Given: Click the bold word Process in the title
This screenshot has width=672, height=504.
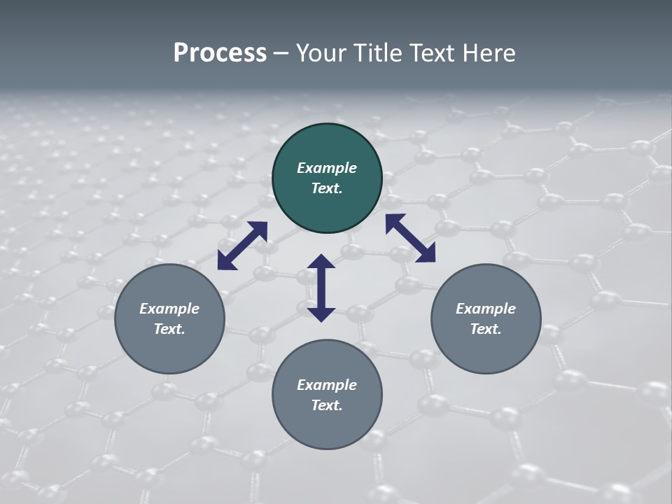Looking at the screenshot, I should point(220,53).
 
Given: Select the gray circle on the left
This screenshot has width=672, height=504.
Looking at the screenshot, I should point(169,350).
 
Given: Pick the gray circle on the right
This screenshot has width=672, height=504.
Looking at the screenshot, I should point(486,350).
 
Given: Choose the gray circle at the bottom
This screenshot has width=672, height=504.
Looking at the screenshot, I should point(327,427).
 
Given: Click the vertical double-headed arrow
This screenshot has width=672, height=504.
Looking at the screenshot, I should point(321,288).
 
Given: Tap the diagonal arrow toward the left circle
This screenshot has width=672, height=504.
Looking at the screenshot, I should point(242,246).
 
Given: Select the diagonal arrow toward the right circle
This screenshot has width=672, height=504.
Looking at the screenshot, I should point(410,238).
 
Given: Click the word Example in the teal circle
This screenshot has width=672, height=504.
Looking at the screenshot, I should point(327,168).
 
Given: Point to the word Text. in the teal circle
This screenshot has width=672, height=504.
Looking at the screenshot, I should point(327,188).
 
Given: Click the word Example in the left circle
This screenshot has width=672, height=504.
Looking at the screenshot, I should point(169,309).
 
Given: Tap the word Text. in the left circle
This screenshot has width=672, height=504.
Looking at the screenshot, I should point(169,329).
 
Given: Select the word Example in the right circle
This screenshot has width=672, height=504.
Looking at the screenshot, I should point(486,309).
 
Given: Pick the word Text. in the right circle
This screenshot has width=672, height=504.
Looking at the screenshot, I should point(486,329).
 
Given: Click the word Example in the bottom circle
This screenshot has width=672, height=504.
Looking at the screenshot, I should point(327,385).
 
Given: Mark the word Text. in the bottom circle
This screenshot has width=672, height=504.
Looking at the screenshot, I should point(327,405).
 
